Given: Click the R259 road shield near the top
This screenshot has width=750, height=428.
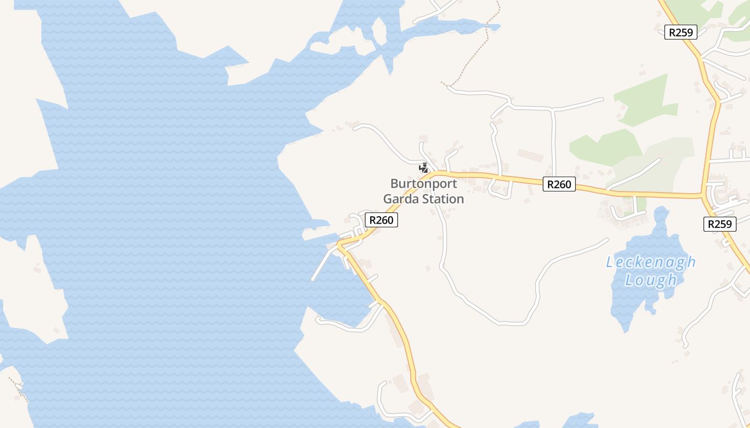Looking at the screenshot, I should click(681, 32).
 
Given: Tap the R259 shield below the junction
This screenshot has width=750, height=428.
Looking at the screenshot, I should click(719, 224).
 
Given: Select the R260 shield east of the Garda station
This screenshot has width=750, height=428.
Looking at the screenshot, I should click(559, 185).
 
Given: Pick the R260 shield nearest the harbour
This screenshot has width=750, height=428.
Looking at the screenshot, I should click(381, 220).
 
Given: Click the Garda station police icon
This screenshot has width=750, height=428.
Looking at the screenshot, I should click(423, 167).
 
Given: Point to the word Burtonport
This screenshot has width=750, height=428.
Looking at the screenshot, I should click(423, 184).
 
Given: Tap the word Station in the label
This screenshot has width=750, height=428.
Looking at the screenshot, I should click(442, 199).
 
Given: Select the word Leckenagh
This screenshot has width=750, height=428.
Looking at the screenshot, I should click(650, 262).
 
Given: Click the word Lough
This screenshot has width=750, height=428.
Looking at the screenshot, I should click(650, 280).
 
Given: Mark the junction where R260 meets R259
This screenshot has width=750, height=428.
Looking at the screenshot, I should click(702, 195).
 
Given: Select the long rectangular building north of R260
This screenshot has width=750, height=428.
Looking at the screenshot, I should click(530, 155).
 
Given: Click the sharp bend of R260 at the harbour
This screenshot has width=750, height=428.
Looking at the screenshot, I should click(339, 244).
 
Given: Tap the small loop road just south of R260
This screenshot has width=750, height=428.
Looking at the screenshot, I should click(499, 190).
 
